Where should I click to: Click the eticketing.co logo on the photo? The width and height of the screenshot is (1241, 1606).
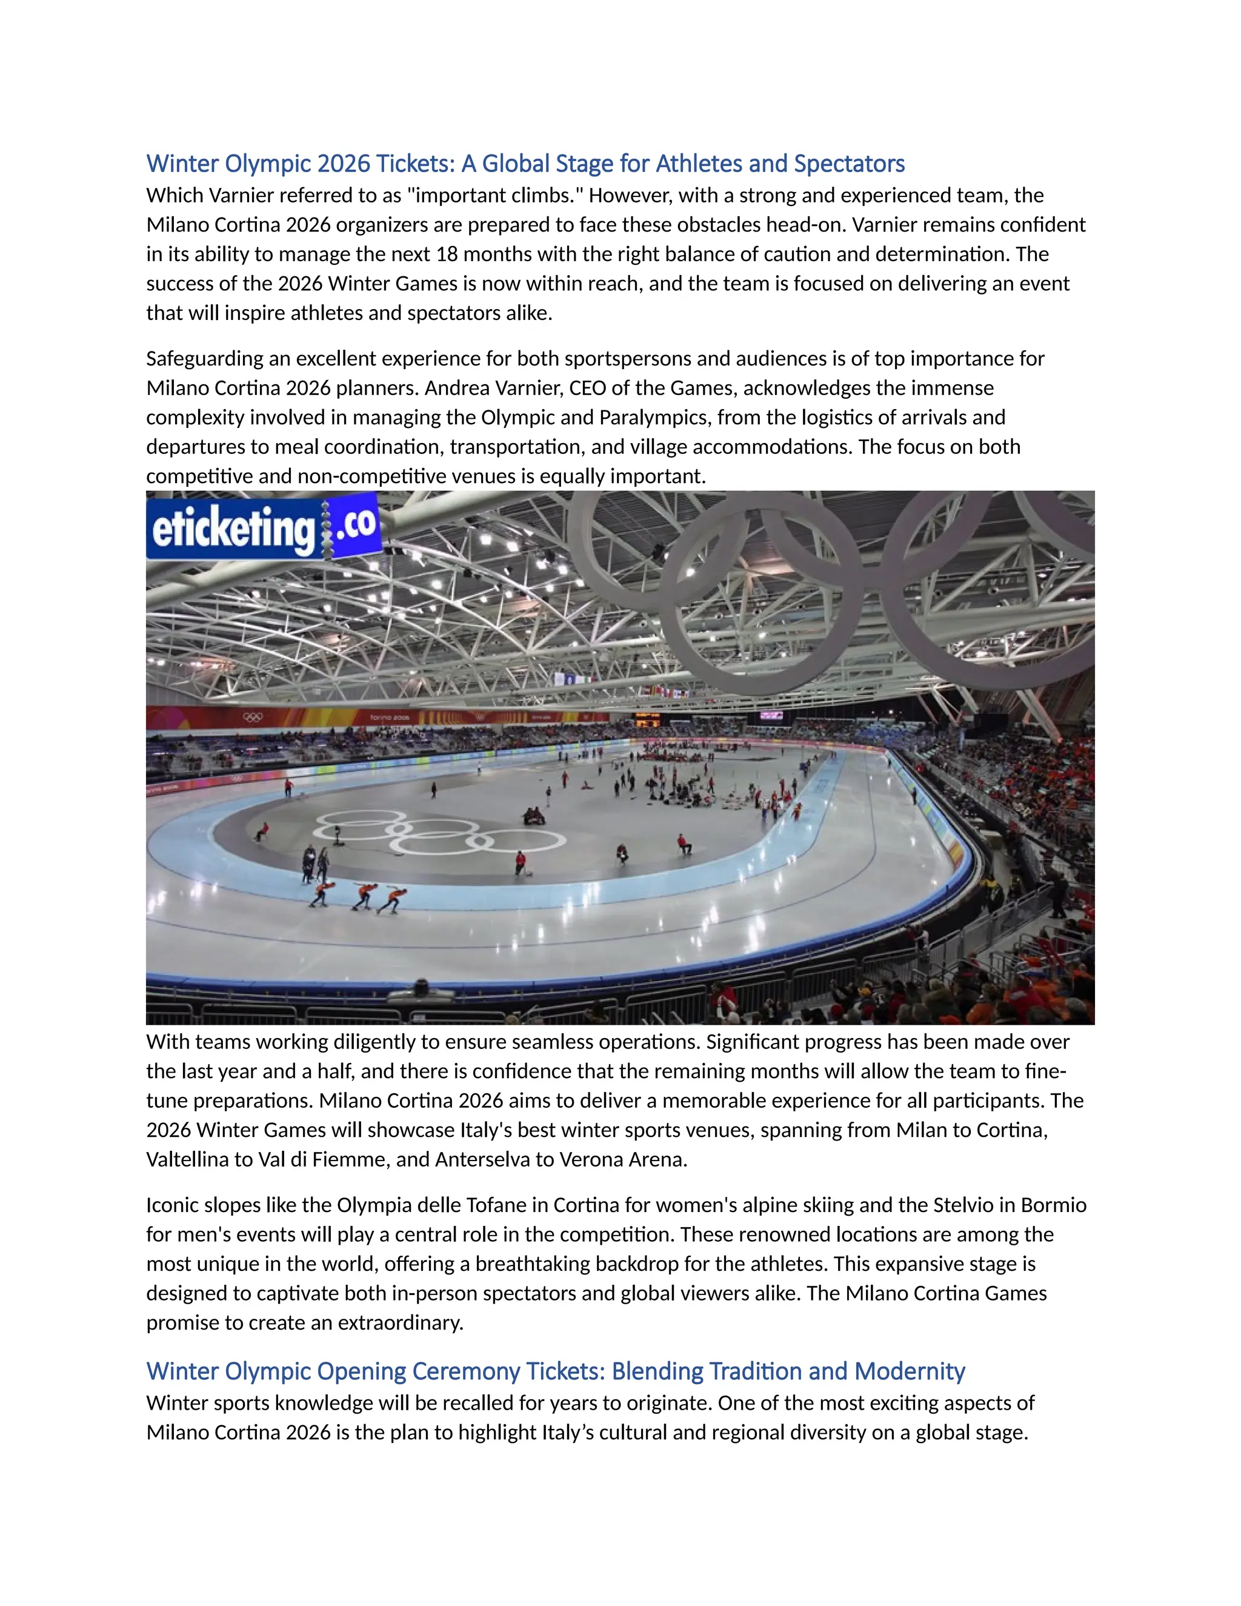[x=263, y=527]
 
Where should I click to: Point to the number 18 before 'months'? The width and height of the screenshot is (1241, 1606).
[x=446, y=255]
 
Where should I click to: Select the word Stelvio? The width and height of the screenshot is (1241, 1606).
[x=963, y=1205]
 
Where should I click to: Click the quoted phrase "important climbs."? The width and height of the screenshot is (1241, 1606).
[x=492, y=196]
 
